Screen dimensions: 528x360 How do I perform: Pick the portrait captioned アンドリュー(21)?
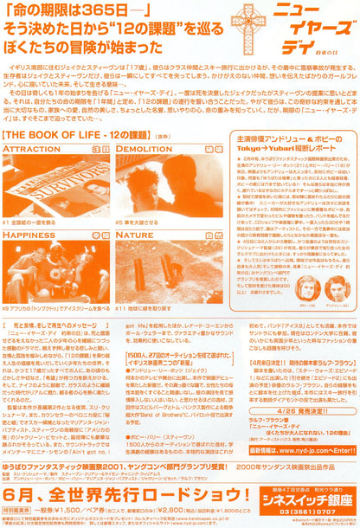(334, 287)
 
